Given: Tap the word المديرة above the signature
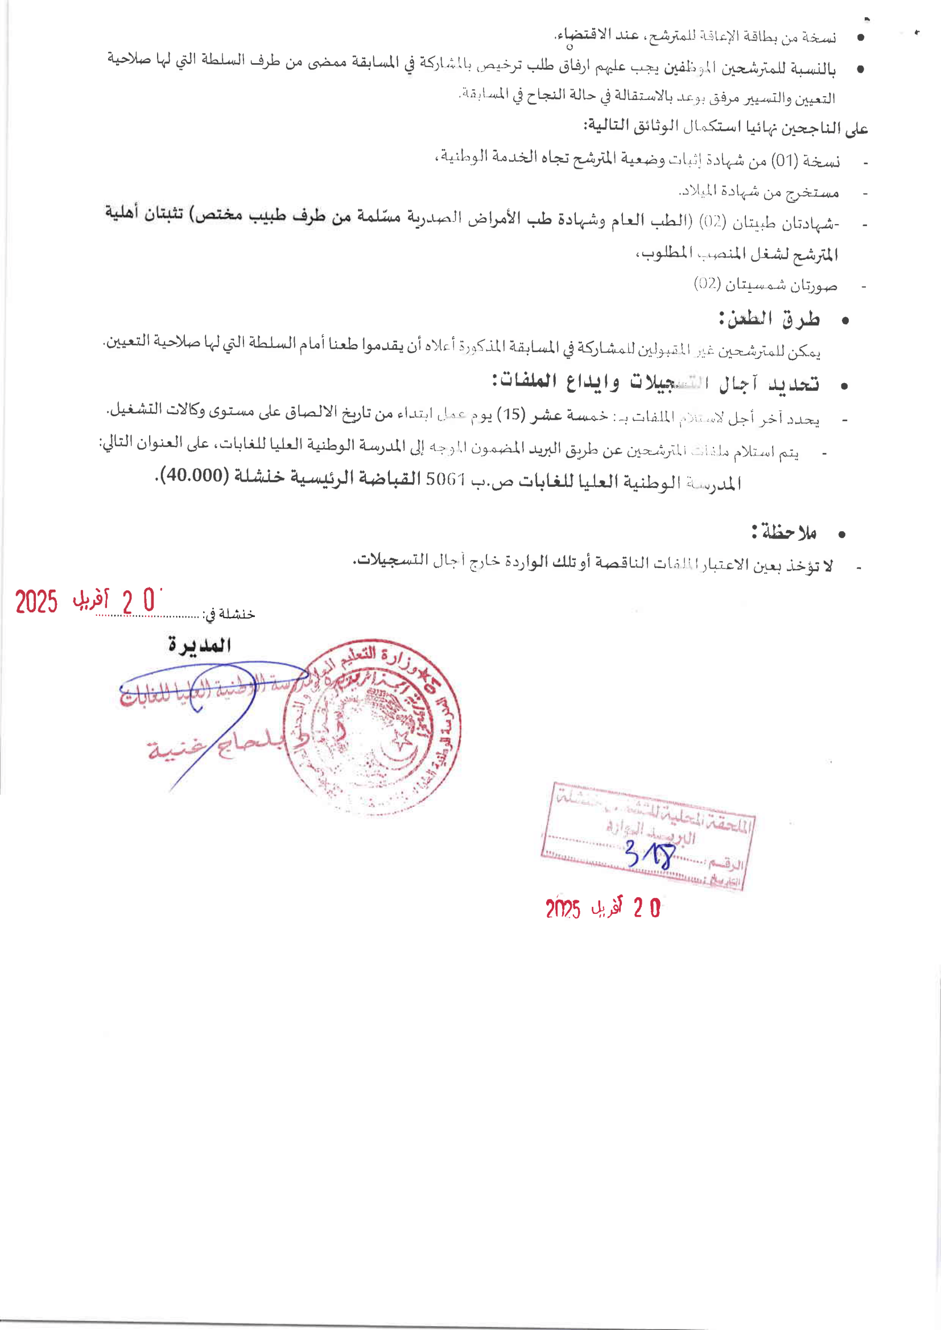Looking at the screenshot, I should [199, 645].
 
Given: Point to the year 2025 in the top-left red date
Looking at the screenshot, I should [36, 602].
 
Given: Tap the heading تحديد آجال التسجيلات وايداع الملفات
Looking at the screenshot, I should [655, 382].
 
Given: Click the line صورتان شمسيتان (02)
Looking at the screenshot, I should [765, 284].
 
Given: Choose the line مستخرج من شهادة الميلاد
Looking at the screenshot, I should [758, 192].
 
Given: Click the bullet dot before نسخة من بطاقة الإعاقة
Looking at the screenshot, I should [861, 38].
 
